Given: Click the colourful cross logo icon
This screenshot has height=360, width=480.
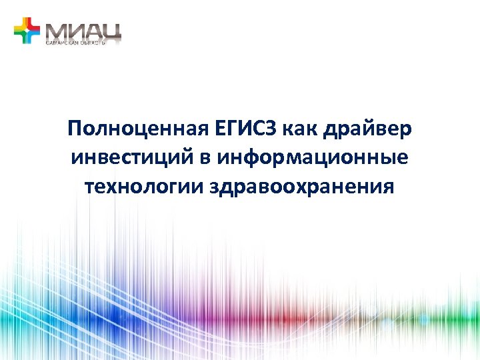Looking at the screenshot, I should point(27,31).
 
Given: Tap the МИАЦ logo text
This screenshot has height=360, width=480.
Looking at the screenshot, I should point(83,30).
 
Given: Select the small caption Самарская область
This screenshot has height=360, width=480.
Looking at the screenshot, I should point(75,42).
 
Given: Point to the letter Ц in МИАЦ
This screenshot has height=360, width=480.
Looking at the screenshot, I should point(111,31).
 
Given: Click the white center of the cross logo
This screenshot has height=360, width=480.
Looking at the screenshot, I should point(27,31).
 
